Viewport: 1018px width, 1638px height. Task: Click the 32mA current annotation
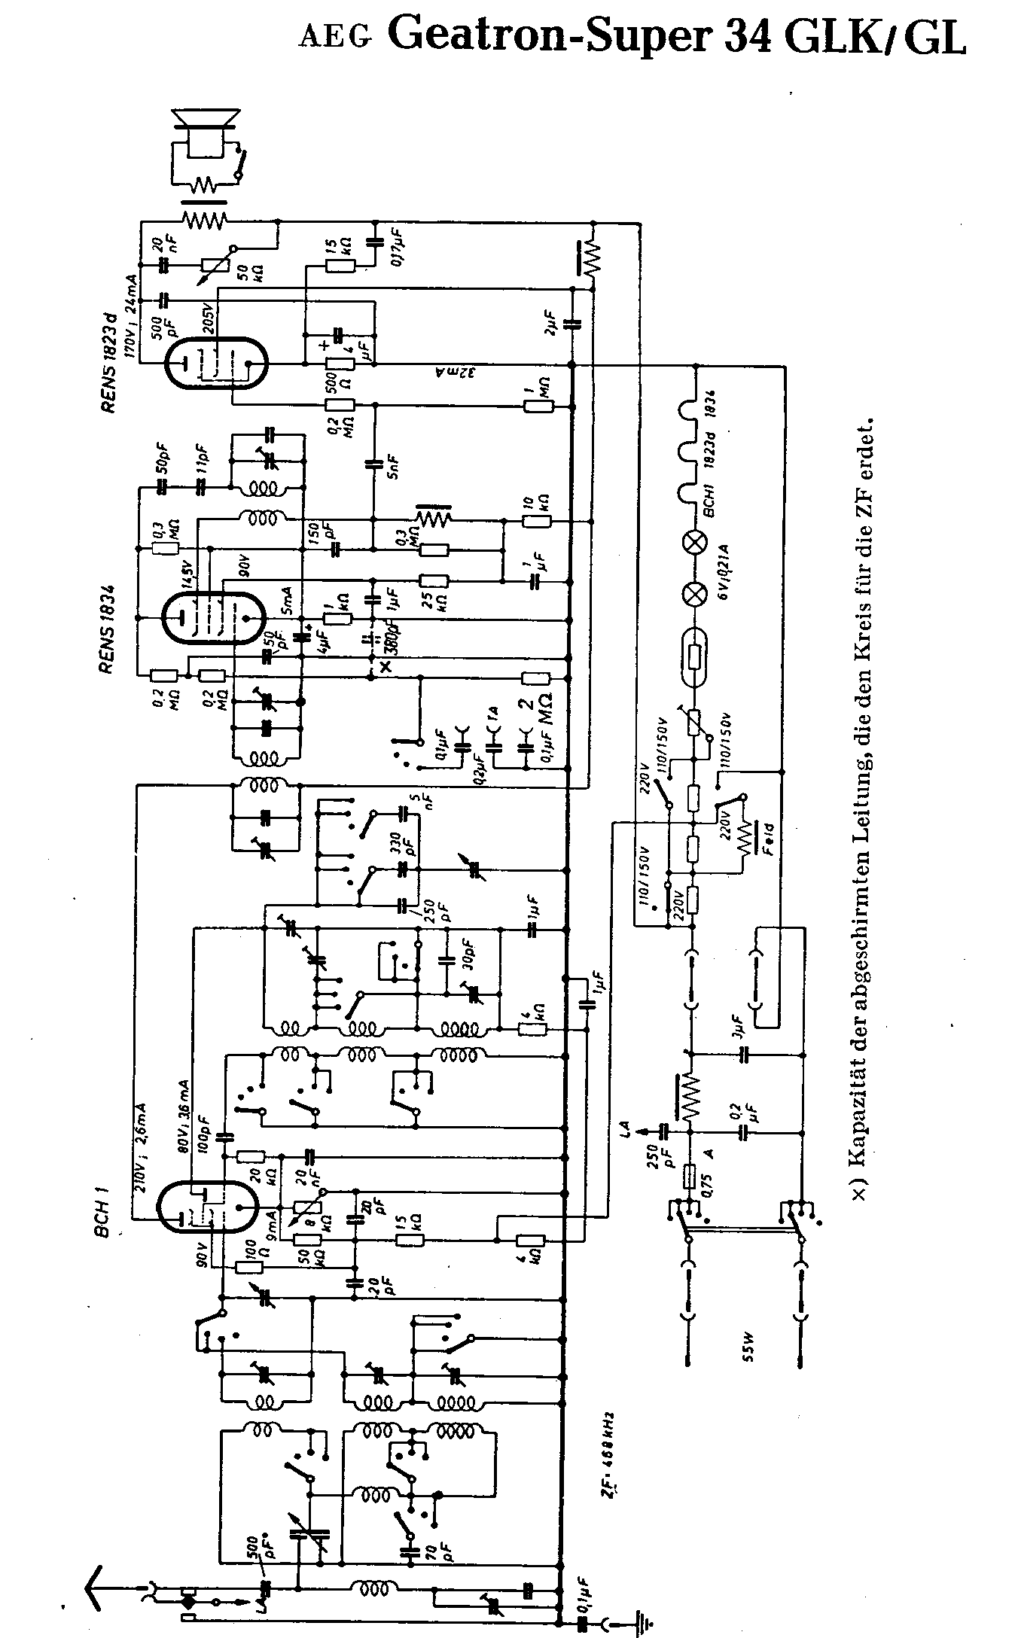point(445,374)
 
